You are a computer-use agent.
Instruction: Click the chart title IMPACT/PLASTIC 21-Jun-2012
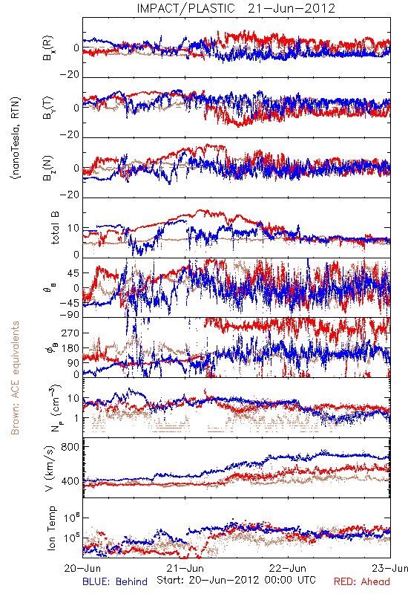pyautogui.click(x=236, y=8)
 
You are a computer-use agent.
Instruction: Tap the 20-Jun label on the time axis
pyautogui.click(x=82, y=568)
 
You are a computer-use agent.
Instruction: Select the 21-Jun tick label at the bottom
pyautogui.click(x=185, y=568)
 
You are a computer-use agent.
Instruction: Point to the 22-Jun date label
pyautogui.click(x=288, y=568)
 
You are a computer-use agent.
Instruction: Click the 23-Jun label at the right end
pyautogui.click(x=390, y=568)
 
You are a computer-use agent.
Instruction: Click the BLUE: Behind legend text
pyautogui.click(x=115, y=581)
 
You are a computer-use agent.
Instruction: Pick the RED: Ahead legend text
pyautogui.click(x=361, y=581)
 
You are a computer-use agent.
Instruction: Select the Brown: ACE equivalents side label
pyautogui.click(x=15, y=378)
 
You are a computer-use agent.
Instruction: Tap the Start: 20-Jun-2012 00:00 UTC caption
pyautogui.click(x=236, y=580)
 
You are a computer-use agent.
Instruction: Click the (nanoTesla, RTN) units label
pyautogui.click(x=16, y=138)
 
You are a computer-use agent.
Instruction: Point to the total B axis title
pyautogui.click(x=54, y=228)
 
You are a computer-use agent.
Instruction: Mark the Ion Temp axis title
pyautogui.click(x=51, y=528)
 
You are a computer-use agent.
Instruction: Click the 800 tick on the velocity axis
pyautogui.click(x=70, y=447)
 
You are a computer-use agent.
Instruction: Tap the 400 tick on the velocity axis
pyautogui.click(x=70, y=481)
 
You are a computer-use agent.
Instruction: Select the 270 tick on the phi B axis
pyautogui.click(x=70, y=333)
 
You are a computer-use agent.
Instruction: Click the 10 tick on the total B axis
pyautogui.click(x=73, y=228)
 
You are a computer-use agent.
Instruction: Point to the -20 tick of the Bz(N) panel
pyautogui.click(x=69, y=195)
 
